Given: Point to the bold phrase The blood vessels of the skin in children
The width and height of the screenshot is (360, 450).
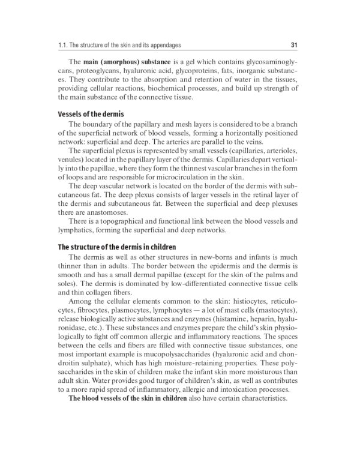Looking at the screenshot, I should click(x=128, y=399).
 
